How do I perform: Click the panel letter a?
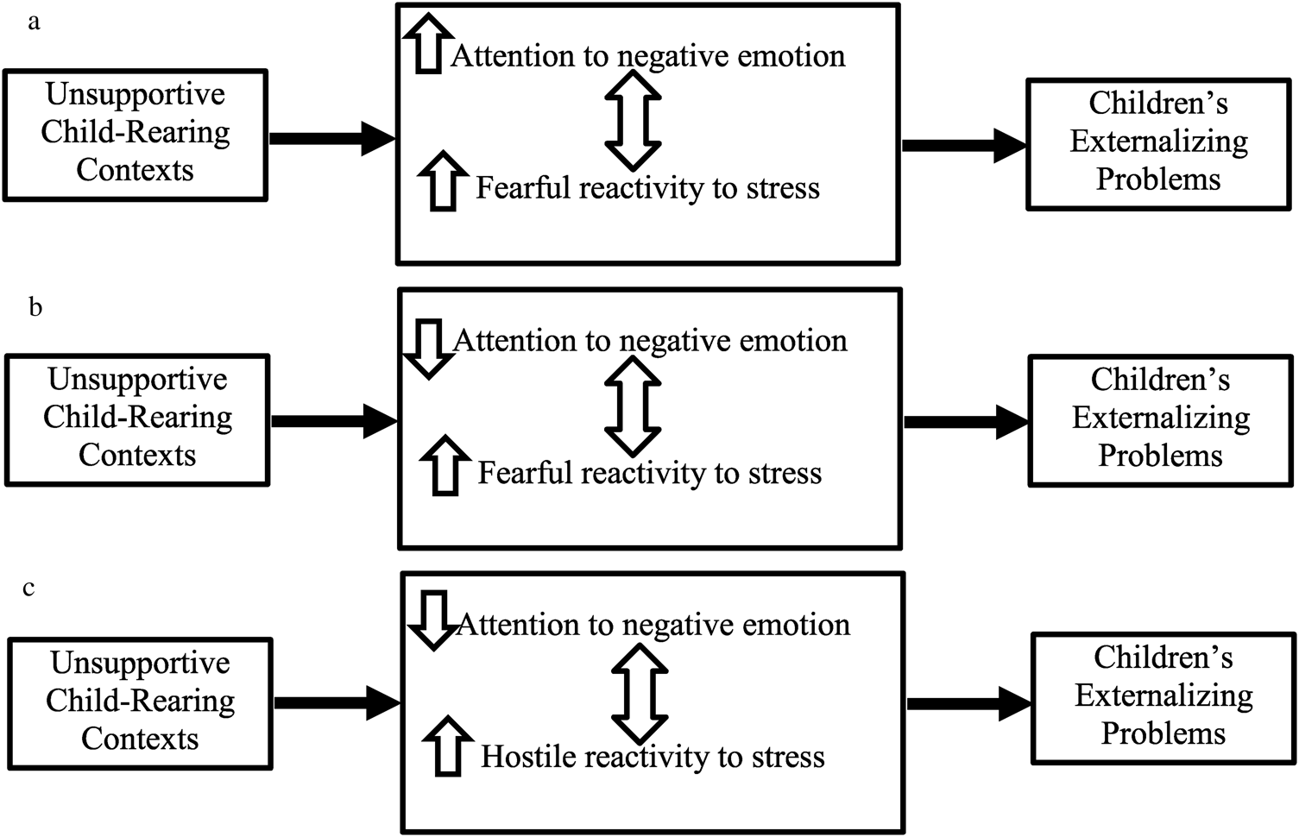tap(34, 22)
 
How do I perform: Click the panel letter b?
tap(35, 307)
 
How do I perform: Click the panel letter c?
tap(29, 588)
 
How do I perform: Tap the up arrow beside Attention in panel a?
tap(427, 43)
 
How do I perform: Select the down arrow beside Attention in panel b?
tap(428, 348)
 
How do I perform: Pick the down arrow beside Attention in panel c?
tap(431, 619)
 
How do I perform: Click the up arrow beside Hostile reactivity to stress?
tap(447, 745)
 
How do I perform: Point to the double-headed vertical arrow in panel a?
tap(633, 119)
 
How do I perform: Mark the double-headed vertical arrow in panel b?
tap(633, 406)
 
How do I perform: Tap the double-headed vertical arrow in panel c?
tap(640, 693)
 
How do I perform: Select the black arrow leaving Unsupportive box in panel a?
tap(332, 138)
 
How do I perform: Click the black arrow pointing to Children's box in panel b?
tap(966, 422)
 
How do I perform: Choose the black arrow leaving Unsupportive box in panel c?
tap(337, 702)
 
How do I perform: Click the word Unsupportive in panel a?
tap(136, 94)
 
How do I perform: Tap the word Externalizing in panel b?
tap(1161, 418)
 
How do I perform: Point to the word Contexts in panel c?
tap(140, 739)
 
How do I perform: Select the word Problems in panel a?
tap(1158, 179)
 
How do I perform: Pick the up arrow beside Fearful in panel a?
tap(443, 180)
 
